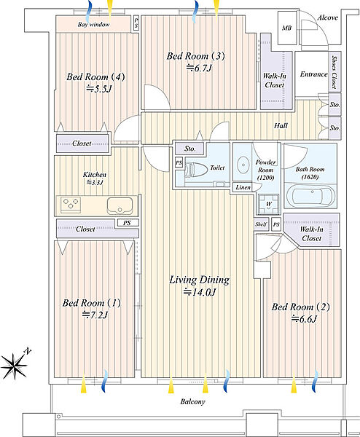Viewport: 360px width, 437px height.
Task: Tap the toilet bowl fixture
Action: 196,169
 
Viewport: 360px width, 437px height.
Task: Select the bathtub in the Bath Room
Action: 310,196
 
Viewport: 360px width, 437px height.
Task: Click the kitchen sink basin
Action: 120,205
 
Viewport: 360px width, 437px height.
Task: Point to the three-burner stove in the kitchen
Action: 71,204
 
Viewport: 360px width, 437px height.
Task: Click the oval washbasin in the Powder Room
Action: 243,165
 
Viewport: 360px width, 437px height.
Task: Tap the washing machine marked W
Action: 268,203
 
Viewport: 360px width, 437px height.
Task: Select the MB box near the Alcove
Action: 287,28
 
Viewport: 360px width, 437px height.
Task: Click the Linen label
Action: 243,188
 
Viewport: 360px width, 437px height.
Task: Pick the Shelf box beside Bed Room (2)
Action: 262,224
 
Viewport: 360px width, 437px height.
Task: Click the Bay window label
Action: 93,25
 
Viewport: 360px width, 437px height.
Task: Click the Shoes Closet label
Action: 334,72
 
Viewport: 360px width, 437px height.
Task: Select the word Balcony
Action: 192,401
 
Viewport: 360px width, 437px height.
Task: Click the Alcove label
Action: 328,17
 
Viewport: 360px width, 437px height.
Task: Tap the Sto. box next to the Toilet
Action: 190,149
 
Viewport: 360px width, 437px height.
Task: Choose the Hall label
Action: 281,126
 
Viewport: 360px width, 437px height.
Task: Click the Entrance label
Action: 313,74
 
